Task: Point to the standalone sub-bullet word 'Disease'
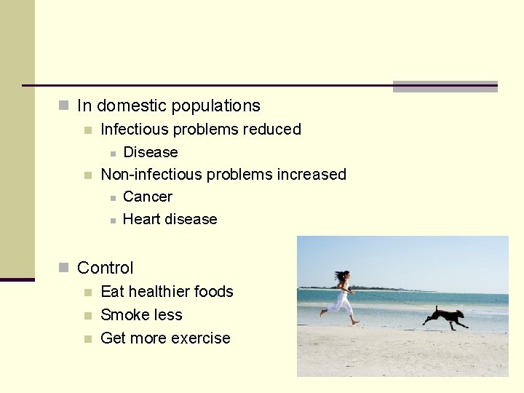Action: (x=151, y=152)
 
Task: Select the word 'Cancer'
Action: (x=148, y=196)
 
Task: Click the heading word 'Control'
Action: (x=106, y=268)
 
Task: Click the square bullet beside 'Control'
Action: (x=64, y=268)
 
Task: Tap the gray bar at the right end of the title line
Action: (x=445, y=87)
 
